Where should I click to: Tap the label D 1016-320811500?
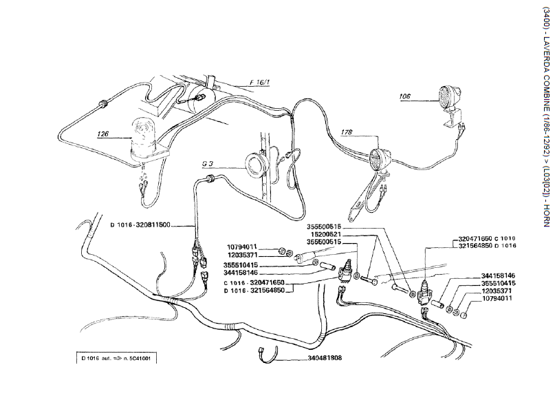click(140, 224)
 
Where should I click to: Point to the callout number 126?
click(103, 134)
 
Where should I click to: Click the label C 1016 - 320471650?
click(264, 282)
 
